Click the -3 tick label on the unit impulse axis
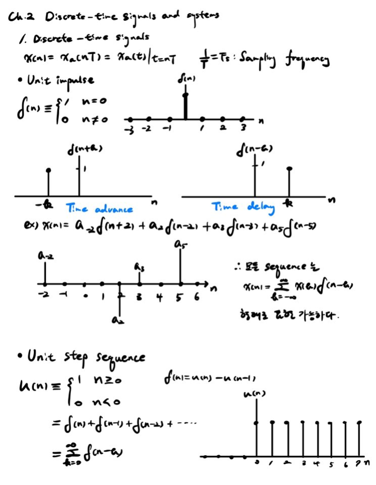pos(130,130)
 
